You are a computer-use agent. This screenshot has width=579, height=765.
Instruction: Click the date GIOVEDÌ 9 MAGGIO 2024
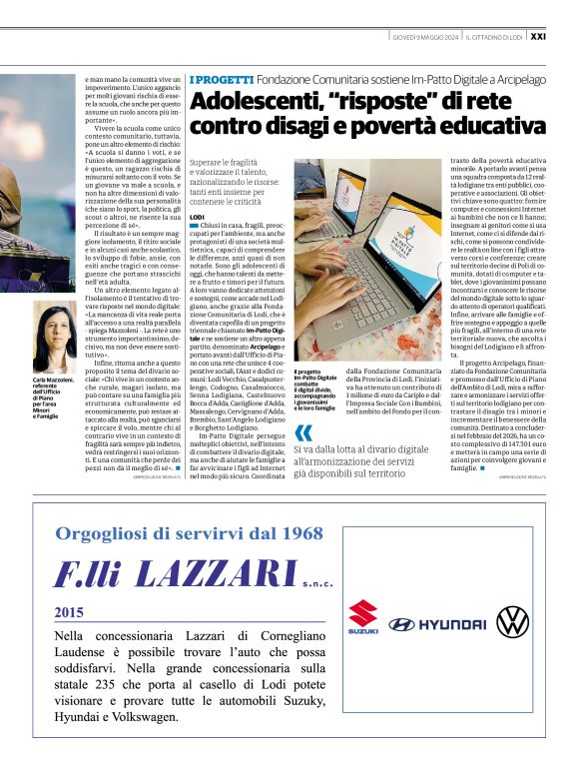coord(424,37)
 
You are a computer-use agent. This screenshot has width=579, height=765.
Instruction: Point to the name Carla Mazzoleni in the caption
coord(53,381)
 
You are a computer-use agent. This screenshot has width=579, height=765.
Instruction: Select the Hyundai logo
coord(437,624)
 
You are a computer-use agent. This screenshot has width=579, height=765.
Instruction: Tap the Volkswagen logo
coord(512,621)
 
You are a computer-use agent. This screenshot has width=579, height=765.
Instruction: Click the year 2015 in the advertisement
coord(69,610)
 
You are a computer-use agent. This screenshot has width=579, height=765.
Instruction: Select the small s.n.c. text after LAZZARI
coord(317,578)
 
